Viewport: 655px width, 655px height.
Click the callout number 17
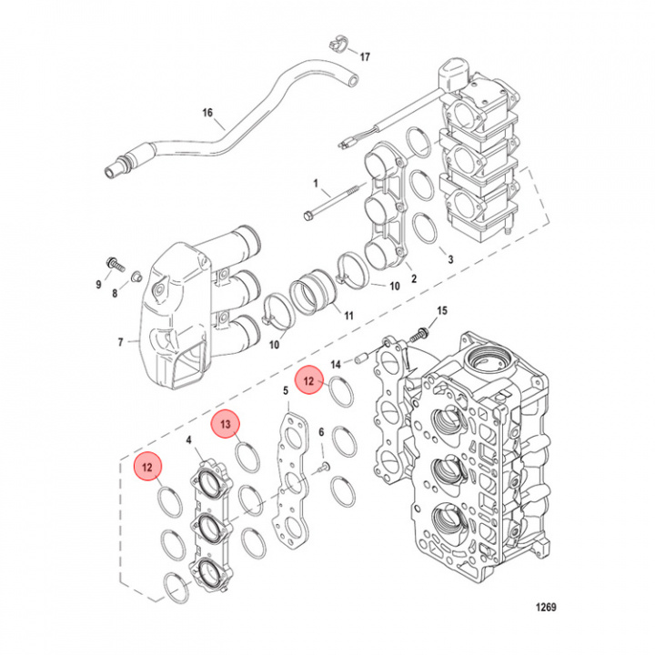(x=365, y=57)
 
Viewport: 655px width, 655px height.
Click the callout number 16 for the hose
(x=207, y=113)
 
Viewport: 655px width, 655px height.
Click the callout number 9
(x=100, y=286)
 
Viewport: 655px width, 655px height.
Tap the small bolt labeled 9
(x=114, y=264)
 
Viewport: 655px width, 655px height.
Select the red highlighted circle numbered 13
(x=226, y=424)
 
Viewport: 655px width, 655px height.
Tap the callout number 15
(x=442, y=311)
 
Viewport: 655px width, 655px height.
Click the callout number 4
(x=188, y=440)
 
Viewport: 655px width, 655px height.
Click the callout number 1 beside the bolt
(x=314, y=183)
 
